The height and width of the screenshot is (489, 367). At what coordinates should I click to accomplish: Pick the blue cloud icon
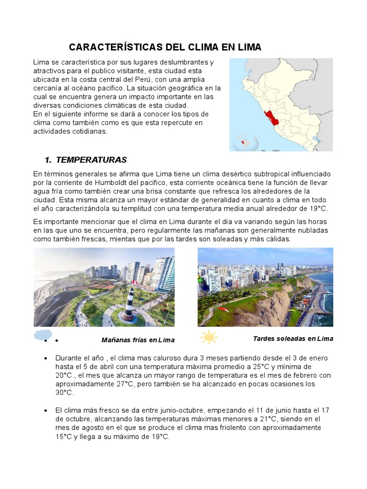point(43,335)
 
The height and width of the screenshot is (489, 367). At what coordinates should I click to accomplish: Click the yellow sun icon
point(208,338)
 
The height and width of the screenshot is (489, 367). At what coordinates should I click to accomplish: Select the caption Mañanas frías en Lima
point(138,340)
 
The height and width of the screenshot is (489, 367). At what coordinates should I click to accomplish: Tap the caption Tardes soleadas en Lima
point(292,339)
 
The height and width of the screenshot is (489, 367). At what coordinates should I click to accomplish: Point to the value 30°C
point(65,392)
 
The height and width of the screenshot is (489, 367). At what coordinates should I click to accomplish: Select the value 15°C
point(64,436)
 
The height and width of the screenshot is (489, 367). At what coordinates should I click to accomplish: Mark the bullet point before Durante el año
point(45,358)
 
